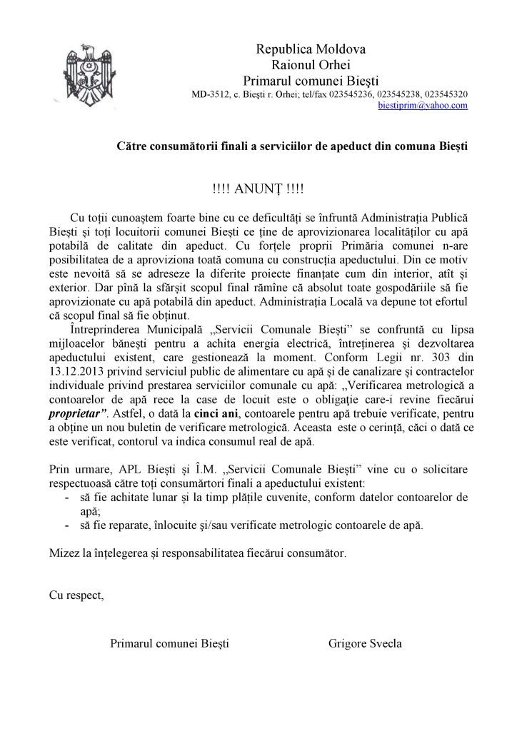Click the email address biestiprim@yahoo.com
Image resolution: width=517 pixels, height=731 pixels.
[x=423, y=105]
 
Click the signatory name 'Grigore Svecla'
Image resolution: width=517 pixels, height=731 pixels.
[x=365, y=643]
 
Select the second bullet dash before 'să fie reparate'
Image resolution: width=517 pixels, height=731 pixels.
[x=66, y=525]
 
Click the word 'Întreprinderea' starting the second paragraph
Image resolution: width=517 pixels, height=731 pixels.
[x=105, y=333]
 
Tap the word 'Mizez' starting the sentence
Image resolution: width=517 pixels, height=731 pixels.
[x=64, y=553]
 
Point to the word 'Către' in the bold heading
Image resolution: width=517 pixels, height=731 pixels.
[x=131, y=146]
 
